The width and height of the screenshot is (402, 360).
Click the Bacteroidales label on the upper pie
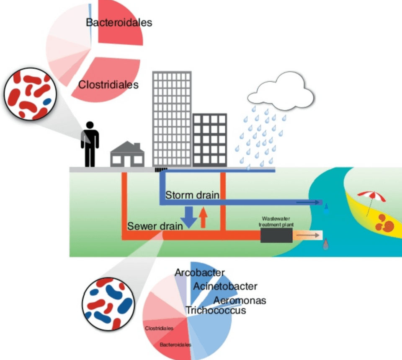[119, 22]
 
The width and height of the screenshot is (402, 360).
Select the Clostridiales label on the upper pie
[108, 85]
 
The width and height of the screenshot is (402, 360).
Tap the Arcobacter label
[200, 273]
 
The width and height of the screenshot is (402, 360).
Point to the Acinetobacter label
[225, 286]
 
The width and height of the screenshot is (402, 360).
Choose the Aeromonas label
[240, 300]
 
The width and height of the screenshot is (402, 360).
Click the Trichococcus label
[216, 311]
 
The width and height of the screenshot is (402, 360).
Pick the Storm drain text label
[192, 195]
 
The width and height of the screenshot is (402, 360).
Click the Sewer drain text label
[155, 226]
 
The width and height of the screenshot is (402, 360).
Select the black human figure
[90, 144]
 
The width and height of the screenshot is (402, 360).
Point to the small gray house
[127, 155]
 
